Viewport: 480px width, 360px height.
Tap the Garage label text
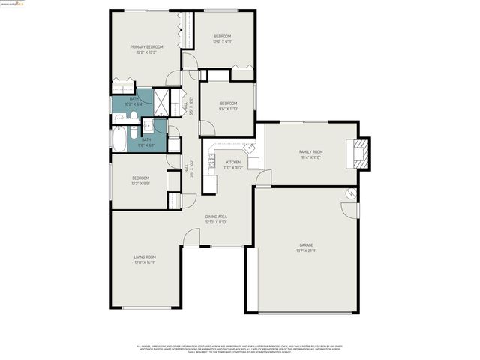306,245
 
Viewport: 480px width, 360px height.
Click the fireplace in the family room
362,153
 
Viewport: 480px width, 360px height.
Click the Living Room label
145,257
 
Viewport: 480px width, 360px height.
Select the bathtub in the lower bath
121,139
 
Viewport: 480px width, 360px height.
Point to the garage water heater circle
349,193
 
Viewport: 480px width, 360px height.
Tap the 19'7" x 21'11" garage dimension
306,250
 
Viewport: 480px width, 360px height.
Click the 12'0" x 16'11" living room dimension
145,262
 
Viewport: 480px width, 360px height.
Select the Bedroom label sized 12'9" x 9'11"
222,36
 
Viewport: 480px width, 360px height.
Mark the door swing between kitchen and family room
263,178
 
